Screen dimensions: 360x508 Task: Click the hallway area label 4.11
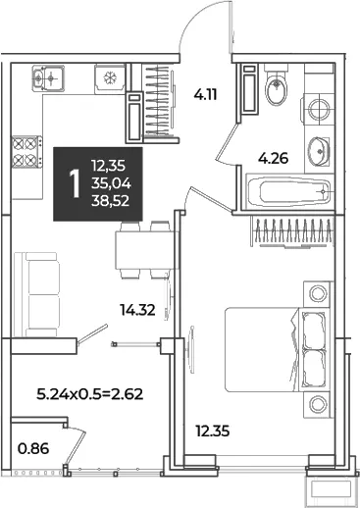coord(205,95)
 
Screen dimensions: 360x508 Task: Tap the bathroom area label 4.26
coord(273,158)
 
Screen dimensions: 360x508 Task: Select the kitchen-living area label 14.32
coord(137,310)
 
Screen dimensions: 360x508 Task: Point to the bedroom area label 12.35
coord(213,431)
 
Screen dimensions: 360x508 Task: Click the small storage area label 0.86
coord(33,448)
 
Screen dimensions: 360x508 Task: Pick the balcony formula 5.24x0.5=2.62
coord(90,394)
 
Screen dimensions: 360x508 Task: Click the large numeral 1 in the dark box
coord(75,184)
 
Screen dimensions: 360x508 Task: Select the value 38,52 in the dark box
coord(111,201)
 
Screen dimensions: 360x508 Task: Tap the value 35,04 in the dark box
coord(111,184)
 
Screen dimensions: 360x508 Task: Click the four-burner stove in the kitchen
coord(27,152)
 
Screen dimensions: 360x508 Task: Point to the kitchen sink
coord(48,77)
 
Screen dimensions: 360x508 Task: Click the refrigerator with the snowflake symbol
coord(110,78)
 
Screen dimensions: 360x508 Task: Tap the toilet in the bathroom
coord(277,85)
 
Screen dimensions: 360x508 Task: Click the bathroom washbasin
coord(318,151)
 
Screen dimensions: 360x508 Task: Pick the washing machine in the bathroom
coord(319,109)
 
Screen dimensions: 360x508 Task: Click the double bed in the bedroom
coord(278,349)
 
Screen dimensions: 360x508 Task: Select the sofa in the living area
coord(37,294)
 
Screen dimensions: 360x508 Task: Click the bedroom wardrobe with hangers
coord(292,231)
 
